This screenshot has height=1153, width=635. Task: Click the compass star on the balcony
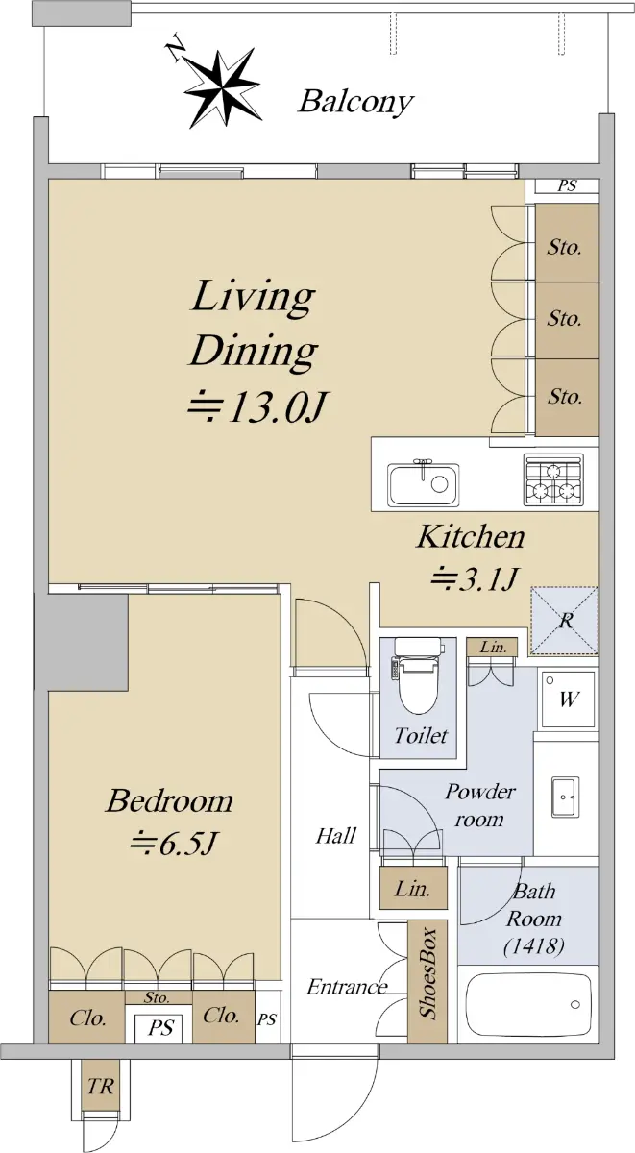[x=222, y=88]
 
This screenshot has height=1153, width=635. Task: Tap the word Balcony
[x=356, y=103]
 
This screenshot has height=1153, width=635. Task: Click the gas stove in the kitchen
[x=553, y=478]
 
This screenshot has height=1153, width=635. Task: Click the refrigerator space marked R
[x=565, y=621]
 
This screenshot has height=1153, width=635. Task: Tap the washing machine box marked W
[x=567, y=699]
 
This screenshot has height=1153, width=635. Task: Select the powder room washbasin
[x=565, y=797]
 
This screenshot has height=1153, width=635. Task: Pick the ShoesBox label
[x=427, y=974]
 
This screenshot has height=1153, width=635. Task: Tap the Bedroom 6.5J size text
[x=172, y=845]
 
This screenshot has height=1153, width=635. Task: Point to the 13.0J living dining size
[x=256, y=408]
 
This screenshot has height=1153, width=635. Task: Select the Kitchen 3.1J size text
[x=473, y=579]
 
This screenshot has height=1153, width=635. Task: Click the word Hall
[x=335, y=836]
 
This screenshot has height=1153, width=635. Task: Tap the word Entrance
[x=347, y=988]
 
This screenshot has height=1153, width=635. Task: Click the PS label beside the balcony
[x=567, y=185]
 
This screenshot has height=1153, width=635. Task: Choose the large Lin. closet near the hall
[x=413, y=888]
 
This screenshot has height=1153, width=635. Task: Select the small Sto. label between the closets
[x=157, y=997]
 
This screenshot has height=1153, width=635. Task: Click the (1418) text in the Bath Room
[x=535, y=945]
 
